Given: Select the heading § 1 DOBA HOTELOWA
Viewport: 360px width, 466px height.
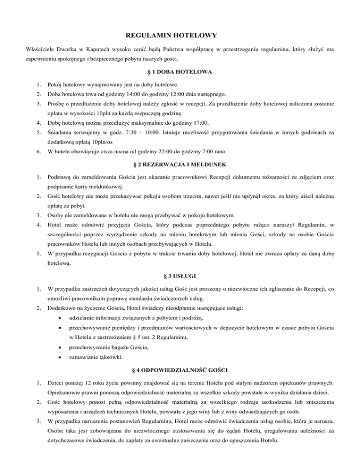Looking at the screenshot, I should click(x=179, y=72).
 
